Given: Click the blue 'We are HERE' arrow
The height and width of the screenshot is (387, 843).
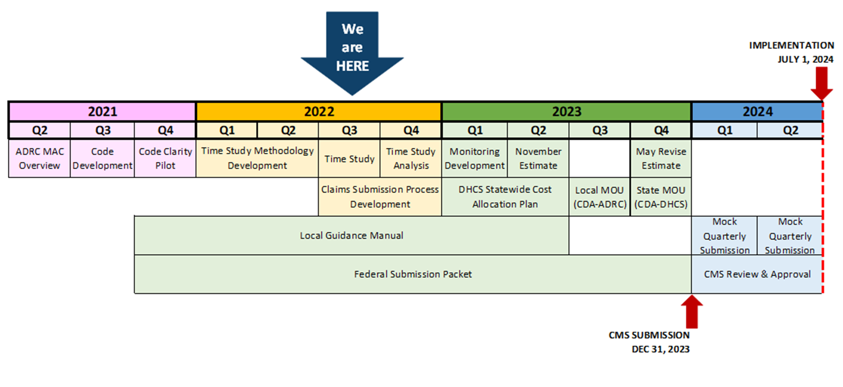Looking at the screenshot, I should (352, 51).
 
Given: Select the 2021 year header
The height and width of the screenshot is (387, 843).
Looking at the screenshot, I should (102, 112).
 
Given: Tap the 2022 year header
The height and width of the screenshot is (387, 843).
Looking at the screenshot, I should (319, 112).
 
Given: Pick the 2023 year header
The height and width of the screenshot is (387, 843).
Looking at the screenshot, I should (567, 112).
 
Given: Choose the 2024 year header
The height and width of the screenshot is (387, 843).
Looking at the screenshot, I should (757, 112).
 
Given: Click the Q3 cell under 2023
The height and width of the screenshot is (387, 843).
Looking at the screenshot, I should (600, 130).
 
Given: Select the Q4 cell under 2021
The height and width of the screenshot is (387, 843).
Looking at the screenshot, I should (165, 130).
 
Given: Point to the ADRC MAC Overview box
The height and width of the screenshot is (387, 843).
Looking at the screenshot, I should (40, 158).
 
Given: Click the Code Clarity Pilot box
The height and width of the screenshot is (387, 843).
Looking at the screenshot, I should (165, 158).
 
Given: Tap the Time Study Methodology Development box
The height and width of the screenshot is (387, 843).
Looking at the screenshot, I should (257, 158).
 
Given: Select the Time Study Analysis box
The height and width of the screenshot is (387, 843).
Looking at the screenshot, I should (411, 158).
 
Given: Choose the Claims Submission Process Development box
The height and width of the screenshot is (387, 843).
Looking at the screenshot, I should (380, 197).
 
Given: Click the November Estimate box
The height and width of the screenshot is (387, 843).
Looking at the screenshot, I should (538, 158).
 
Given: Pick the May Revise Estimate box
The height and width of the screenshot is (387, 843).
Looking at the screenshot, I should (661, 158).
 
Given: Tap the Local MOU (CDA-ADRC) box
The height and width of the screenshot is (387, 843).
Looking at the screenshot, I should (599, 197).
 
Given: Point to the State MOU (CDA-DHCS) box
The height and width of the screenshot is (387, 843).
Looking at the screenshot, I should (661, 197).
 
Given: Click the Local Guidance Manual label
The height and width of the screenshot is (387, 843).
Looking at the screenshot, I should (351, 236).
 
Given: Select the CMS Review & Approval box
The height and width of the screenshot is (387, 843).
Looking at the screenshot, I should (757, 274).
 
